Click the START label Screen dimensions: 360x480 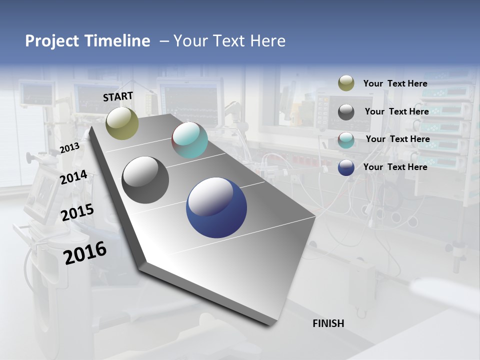pos(118,96)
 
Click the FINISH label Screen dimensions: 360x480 pos(328,323)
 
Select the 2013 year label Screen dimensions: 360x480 pos(69,148)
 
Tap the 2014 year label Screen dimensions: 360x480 pos(74,177)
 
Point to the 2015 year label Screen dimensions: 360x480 pos(77,212)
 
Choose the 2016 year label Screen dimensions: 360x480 pos(85,253)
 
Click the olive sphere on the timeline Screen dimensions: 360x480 pos(122,123)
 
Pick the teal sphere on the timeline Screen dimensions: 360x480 pos(189,140)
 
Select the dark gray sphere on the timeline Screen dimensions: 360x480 pos(145,180)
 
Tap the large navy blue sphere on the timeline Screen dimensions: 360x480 pos(216,207)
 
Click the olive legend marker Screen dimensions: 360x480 pos(346,83)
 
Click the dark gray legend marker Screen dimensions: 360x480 pos(346,112)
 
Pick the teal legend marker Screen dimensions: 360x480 pos(346,140)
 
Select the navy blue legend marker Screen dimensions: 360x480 pos(346,168)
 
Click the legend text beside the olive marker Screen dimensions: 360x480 pos(395,83)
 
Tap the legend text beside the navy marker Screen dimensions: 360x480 pos(395,167)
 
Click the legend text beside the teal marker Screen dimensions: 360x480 pos(397,139)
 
